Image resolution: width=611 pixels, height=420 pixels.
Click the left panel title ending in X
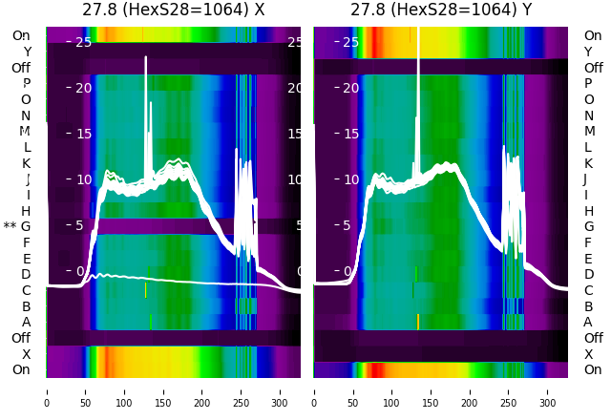tap(174, 10)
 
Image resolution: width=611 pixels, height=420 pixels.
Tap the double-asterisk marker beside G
tap(10, 227)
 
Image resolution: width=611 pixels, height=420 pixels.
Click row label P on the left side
tap(26, 84)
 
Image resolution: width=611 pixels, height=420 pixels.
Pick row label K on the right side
tap(588, 163)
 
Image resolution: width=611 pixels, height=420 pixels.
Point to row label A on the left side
tap(26, 323)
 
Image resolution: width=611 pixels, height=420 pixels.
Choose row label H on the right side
tap(588, 211)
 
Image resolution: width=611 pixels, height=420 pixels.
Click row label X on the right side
tap(588, 354)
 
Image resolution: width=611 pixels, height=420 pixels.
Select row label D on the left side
tap(26, 275)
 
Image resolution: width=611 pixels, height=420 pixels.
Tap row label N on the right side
tap(588, 115)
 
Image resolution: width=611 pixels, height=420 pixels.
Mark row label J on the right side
tap(585, 179)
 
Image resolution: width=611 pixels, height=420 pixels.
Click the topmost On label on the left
tap(21, 36)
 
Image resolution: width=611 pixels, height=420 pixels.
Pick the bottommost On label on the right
tap(593, 370)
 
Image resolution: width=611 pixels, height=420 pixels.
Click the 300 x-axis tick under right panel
tap(548, 390)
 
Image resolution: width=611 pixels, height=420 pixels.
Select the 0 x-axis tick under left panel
tap(47, 390)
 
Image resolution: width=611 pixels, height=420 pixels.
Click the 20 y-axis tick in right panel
tap(350, 88)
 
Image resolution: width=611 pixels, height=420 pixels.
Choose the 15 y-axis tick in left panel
tap(83, 134)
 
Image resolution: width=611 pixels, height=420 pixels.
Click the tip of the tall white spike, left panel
tap(146, 57)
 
